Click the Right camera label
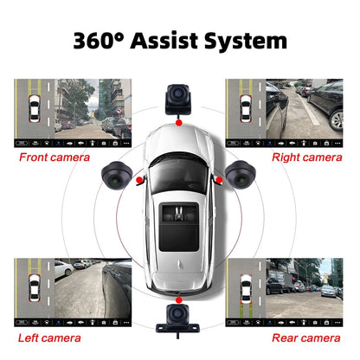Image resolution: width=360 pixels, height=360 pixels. [306, 157]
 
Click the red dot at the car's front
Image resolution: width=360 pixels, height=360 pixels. [179, 124]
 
